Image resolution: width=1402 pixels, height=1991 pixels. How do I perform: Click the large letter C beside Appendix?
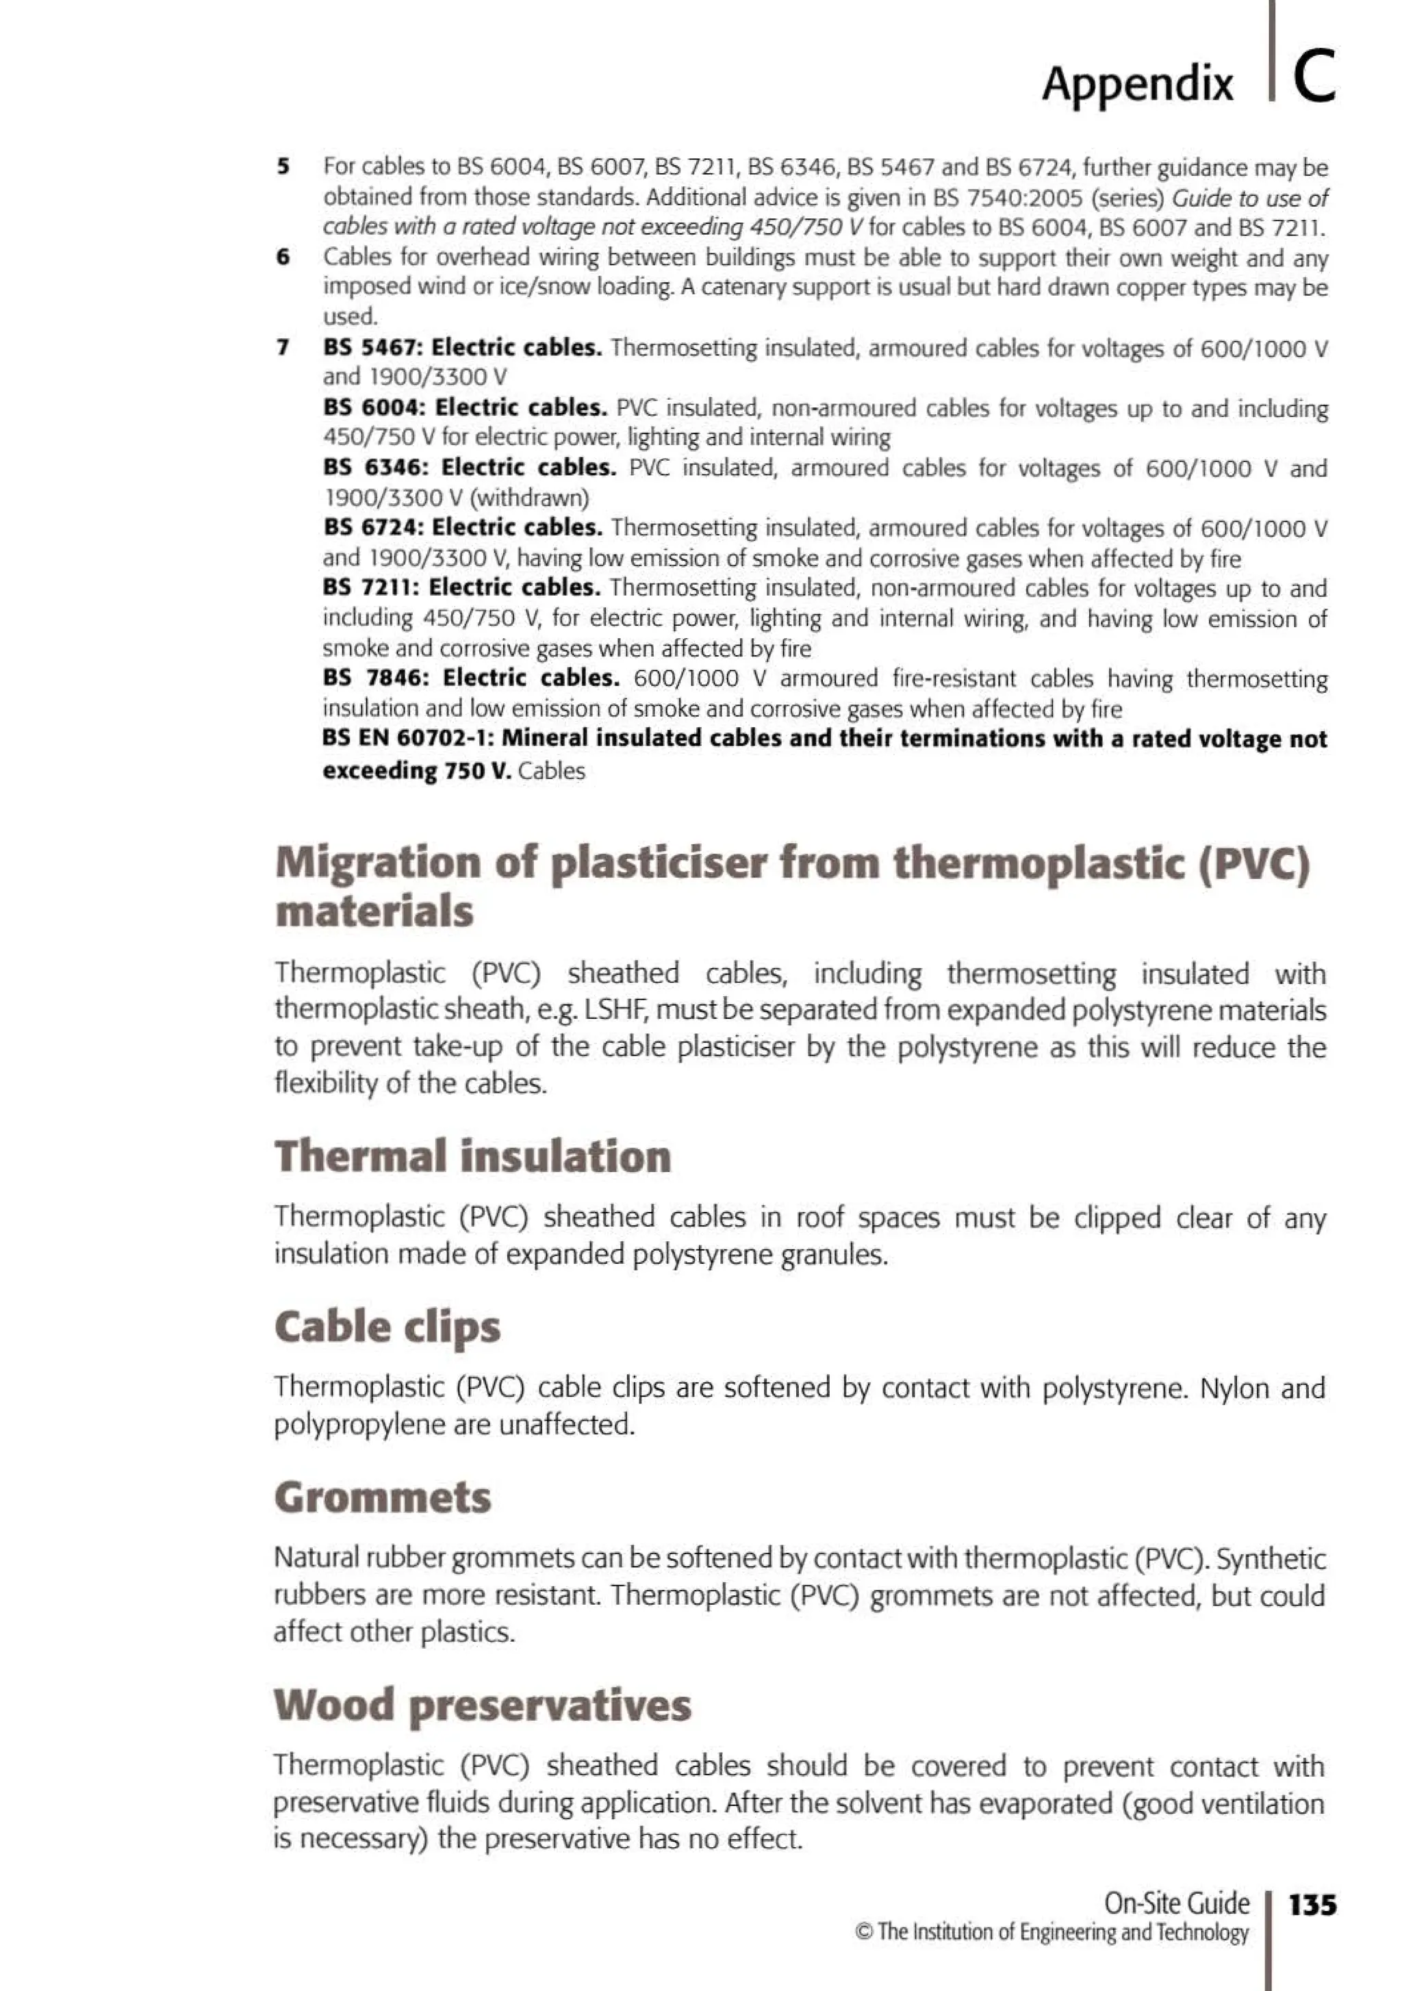point(1314,77)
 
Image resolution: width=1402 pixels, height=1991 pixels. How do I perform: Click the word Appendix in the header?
point(1136,84)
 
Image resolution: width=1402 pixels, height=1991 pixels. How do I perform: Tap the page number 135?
point(1312,1904)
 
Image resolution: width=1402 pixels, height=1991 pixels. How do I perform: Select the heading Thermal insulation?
point(472,1157)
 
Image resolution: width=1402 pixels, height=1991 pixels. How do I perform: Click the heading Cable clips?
point(387,1328)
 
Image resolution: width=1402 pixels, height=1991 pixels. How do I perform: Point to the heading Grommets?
point(383,1497)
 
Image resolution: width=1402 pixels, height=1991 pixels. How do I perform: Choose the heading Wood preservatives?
point(482,1704)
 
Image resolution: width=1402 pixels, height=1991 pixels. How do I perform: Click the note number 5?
point(283,166)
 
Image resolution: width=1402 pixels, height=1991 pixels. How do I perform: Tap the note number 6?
point(283,257)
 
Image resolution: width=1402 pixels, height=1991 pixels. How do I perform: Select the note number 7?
point(283,348)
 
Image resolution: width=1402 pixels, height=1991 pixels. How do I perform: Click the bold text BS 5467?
point(373,348)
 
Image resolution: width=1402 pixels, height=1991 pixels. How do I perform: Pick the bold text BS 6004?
point(374,407)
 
